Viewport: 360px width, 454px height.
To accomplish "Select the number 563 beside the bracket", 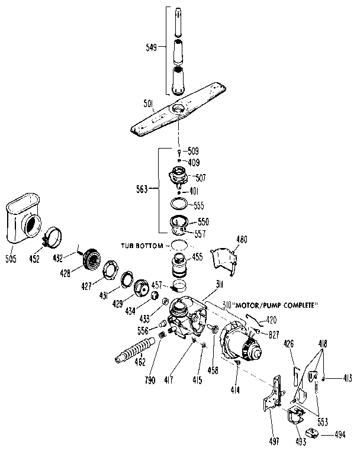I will tap(143, 189).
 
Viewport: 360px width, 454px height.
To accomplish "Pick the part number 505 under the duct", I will tap(11, 259).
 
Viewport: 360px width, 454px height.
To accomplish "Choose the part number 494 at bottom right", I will tap(339, 434).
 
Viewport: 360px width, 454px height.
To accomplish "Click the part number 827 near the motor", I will tap(274, 335).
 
